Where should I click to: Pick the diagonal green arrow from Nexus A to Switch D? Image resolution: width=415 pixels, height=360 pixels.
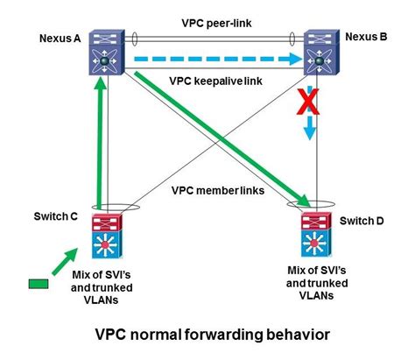tap(219, 140)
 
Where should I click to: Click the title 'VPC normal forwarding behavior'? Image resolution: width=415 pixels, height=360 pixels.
tap(207, 334)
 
